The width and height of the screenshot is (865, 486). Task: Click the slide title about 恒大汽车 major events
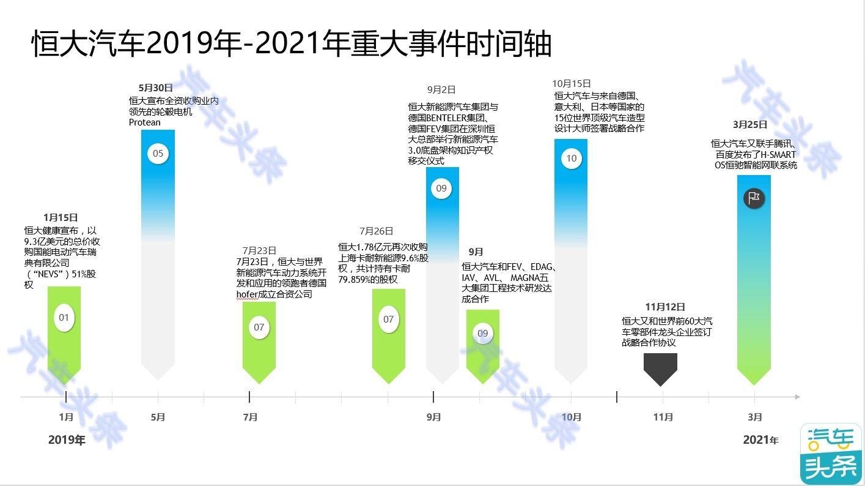pos(292,43)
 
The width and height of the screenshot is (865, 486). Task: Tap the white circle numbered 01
pos(64,318)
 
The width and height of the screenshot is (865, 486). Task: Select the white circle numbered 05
pos(158,154)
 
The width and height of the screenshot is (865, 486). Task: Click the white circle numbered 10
pos(571,159)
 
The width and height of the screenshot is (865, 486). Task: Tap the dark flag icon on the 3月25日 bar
pos(754,198)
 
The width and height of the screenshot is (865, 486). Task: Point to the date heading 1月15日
pos(61,218)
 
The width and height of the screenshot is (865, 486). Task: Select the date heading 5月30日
pos(156,88)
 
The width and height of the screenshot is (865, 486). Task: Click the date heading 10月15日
pos(572,83)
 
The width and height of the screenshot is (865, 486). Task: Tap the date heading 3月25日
pos(750,124)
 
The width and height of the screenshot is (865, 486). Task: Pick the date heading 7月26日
pos(376,231)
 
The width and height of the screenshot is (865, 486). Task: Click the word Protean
pos(144,122)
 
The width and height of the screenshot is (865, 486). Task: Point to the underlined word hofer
pos(247,294)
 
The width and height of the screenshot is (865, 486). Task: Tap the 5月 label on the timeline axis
pos(158,417)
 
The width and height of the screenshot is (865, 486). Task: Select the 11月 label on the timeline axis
pos(663,417)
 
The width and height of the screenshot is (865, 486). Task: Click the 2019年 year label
pos(67,439)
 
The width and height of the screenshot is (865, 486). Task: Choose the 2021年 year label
pos(760,439)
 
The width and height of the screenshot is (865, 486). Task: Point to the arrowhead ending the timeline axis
pos(797,397)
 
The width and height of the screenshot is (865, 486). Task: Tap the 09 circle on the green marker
pos(483,333)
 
